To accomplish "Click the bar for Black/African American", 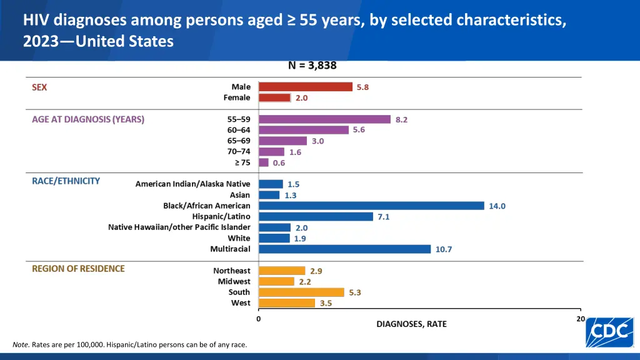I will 371,206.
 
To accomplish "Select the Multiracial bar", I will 344,249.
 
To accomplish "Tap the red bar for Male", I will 306,87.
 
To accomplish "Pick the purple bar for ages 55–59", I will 324,119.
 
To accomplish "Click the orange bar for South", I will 301,292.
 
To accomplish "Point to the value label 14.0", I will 497,206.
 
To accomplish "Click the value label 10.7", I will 444,249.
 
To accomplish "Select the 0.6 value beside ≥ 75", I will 279,162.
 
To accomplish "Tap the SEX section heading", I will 39,87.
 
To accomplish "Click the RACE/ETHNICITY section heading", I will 66,181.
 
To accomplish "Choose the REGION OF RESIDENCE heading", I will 78,269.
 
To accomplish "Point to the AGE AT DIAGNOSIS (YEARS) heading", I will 88,119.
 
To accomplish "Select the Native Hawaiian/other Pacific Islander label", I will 179,227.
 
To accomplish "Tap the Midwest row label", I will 234,281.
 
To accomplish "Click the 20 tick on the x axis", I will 581,319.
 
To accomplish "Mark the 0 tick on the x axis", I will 259,319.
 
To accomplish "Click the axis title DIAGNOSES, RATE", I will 411,324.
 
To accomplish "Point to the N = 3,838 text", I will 312,65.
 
